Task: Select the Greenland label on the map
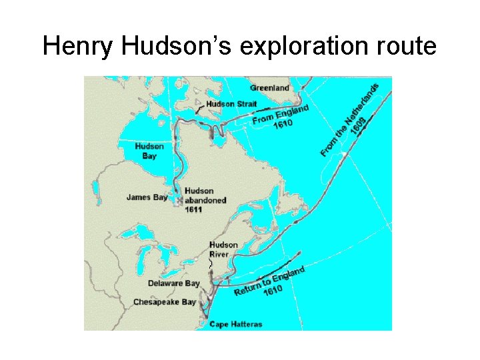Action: pos(269,88)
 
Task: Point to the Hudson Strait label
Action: pos(231,104)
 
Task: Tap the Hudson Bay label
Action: pos(149,151)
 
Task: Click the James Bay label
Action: pos(147,197)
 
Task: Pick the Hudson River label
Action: pos(223,250)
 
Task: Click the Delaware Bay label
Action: pos(173,283)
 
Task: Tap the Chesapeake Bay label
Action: pos(165,302)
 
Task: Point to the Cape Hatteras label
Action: pos(236,325)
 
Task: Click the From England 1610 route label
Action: pos(280,117)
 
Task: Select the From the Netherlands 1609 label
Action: pos(351,120)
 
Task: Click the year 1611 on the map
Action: pos(193,209)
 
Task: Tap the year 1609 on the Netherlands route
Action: pos(358,126)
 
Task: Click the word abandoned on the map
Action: pos(205,200)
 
